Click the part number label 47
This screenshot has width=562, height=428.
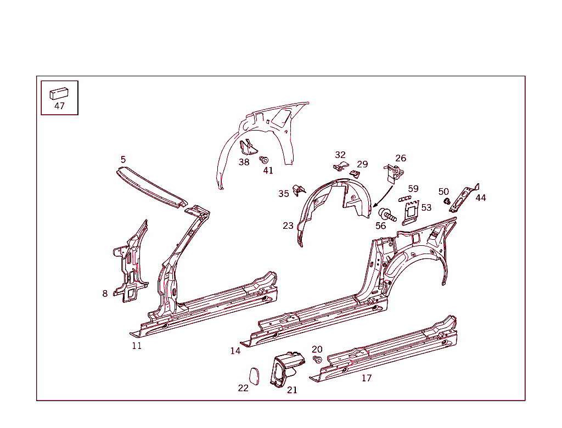tap(59, 106)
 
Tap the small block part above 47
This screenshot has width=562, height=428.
tap(59, 93)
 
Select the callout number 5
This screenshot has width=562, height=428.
tap(123, 159)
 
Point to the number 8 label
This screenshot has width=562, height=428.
tap(105, 294)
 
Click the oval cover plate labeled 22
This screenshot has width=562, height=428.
tap(255, 376)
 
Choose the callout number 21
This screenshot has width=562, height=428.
tap(292, 390)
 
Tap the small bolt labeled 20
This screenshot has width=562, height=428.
tap(317, 359)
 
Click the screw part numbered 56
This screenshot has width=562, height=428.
tap(387, 215)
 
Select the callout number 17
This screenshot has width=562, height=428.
tap(366, 378)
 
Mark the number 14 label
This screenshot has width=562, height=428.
tap(235, 351)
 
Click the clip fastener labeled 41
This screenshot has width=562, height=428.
tap(264, 160)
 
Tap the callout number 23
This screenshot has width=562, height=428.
tap(288, 226)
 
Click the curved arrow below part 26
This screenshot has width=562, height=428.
tap(384, 196)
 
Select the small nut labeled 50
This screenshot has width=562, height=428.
tap(447, 201)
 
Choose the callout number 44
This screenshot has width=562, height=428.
tap(481, 198)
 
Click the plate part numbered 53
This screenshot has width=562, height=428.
tap(411, 213)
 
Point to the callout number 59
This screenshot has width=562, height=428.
tap(413, 189)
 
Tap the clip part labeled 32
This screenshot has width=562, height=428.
tap(341, 166)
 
